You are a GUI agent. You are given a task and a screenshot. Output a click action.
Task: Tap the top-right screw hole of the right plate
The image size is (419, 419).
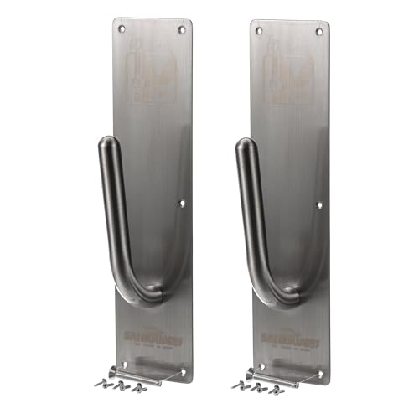pos(318,32)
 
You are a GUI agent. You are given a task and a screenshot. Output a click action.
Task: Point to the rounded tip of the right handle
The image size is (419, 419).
pos(243,146)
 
